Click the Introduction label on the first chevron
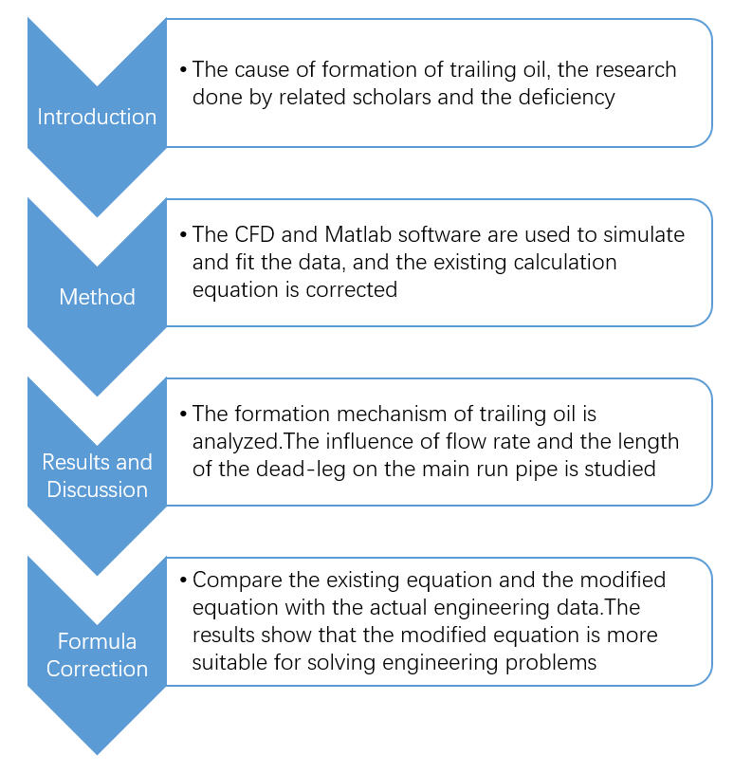pyautogui.click(x=97, y=117)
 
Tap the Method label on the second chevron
pyautogui.click(x=97, y=297)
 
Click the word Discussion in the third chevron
pyautogui.click(x=97, y=489)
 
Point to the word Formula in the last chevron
pyautogui.click(x=97, y=641)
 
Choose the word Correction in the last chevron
pyautogui.click(x=97, y=669)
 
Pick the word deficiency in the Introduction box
pyautogui.click(x=566, y=97)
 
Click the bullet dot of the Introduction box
pyautogui.click(x=183, y=70)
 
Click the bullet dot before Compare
pyautogui.click(x=183, y=580)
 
